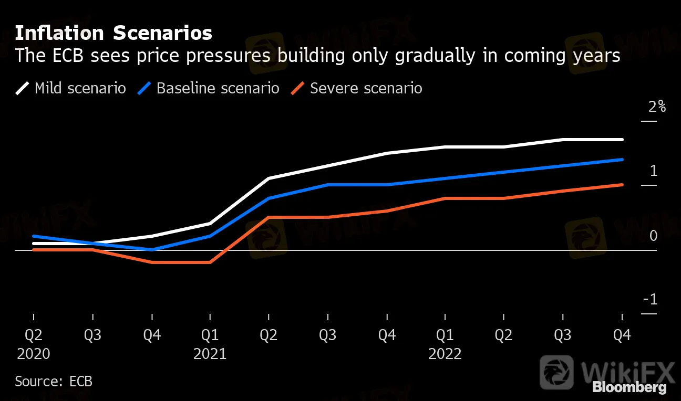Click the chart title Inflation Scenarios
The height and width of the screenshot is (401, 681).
(113, 33)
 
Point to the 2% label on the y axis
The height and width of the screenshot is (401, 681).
(657, 107)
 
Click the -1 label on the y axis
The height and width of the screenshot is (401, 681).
(651, 300)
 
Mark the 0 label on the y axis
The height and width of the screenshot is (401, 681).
(653, 236)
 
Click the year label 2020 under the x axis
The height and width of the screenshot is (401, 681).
(34, 354)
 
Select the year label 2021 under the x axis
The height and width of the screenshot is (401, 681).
(210, 354)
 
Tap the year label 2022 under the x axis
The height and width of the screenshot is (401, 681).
(445, 354)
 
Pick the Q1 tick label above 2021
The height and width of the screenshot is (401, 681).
(210, 335)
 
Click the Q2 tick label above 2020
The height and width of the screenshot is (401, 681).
(34, 335)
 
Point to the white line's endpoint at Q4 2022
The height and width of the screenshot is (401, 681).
(622, 140)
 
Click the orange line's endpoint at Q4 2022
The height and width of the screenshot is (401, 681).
(622, 185)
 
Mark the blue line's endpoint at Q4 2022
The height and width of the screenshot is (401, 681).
(622, 160)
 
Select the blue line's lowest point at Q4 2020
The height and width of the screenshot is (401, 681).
(152, 250)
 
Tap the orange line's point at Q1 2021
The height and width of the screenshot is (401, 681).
(210, 262)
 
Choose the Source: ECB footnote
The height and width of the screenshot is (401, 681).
(54, 381)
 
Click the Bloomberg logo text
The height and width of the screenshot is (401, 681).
(629, 388)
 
